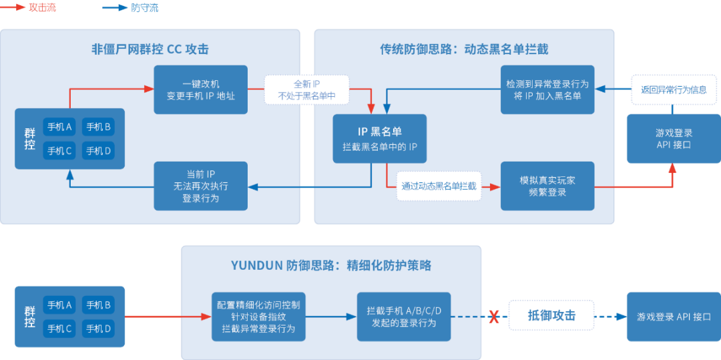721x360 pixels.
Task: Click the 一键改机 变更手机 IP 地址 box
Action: (x=200, y=89)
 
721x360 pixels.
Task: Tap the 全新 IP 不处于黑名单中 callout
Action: (x=307, y=90)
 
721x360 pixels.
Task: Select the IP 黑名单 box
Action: (x=379, y=138)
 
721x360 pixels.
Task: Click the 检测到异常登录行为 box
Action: (x=547, y=89)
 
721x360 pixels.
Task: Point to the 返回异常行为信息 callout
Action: (x=674, y=89)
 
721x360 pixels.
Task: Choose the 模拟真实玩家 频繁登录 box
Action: (x=547, y=186)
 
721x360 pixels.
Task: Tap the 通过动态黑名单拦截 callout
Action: (x=439, y=186)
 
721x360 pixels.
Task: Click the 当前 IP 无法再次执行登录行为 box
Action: (x=200, y=186)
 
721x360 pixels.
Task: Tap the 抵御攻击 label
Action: (x=551, y=315)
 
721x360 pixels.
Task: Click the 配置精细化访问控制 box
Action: (x=259, y=317)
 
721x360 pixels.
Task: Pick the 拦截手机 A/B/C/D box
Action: (x=404, y=317)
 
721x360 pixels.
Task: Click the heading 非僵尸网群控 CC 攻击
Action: (x=150, y=49)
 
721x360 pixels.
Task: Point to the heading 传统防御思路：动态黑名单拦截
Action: (x=464, y=49)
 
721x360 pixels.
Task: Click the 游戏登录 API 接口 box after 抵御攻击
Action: (x=674, y=317)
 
